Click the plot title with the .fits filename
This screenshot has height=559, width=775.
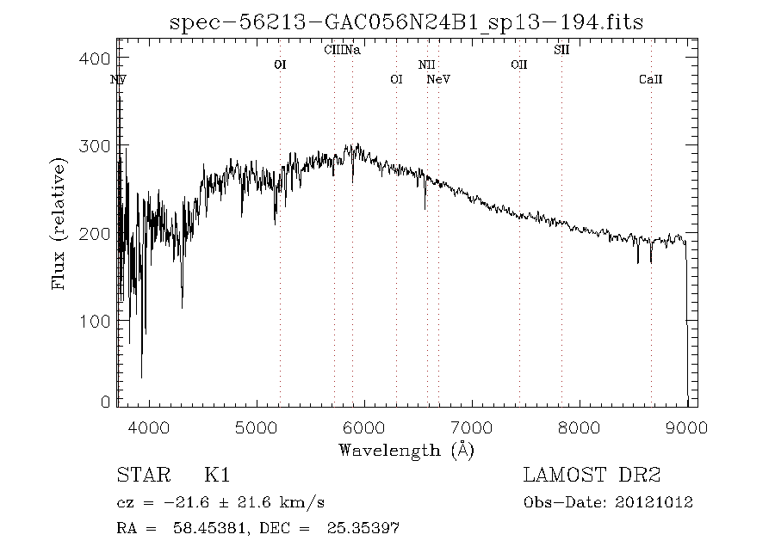[x=407, y=21]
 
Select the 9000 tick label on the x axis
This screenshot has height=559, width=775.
[x=686, y=427]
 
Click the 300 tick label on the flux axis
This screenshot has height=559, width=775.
[x=101, y=146]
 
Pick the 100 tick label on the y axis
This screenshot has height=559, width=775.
[x=101, y=322]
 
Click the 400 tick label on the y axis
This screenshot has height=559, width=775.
[x=101, y=58]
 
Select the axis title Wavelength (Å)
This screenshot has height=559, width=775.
[x=406, y=449]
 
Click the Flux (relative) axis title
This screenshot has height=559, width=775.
[x=59, y=224]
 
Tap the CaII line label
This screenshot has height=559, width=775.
[x=651, y=80]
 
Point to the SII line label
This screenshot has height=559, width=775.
[x=561, y=50]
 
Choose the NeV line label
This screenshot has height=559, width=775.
[x=439, y=80]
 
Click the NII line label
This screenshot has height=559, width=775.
[x=427, y=64]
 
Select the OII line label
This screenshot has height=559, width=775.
[x=518, y=64]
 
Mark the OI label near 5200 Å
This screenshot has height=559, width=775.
[x=280, y=64]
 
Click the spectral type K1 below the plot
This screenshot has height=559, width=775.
[x=217, y=475]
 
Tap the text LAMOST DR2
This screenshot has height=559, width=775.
[x=592, y=475]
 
